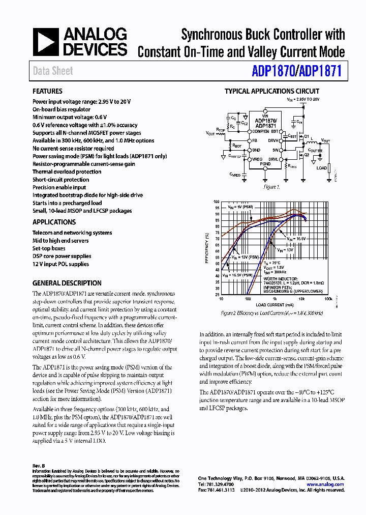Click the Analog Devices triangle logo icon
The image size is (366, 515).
(46, 42)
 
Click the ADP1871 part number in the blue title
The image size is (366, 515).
(321, 72)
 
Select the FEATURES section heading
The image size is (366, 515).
(47, 91)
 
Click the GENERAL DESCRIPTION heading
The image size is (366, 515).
(67, 283)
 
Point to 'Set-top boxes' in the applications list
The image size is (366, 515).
(49, 248)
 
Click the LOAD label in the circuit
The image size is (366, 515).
(322, 168)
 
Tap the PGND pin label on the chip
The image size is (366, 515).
(265, 164)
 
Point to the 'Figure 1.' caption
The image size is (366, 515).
(269, 187)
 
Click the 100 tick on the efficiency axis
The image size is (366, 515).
(217, 202)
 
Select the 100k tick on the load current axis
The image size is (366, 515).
(328, 299)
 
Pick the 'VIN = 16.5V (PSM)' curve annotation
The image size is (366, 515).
(240, 275)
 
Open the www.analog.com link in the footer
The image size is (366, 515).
(325, 484)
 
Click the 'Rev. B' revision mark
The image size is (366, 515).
(39, 466)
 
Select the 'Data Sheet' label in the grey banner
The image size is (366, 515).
(53, 71)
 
